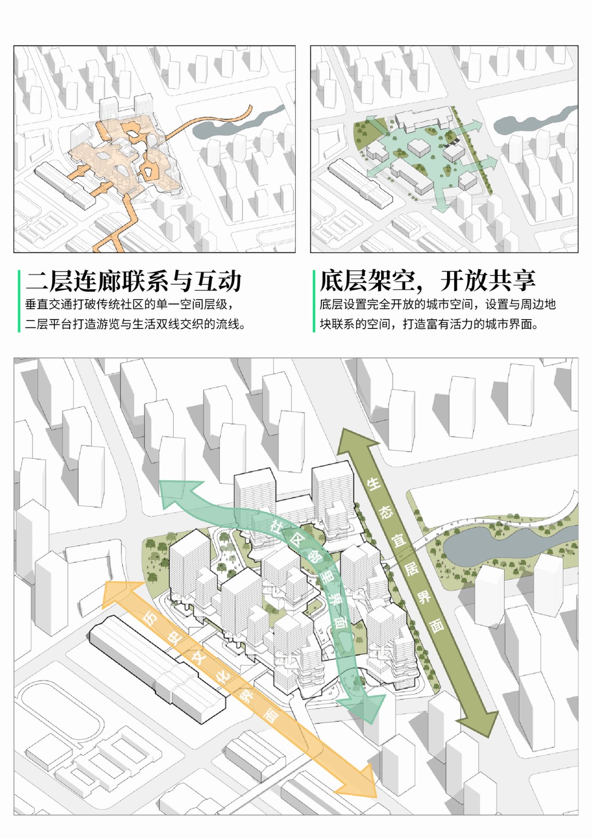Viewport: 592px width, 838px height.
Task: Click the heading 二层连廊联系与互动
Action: [x=133, y=281]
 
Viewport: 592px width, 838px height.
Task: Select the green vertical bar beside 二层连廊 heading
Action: [x=19, y=301]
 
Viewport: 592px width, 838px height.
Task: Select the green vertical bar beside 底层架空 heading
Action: [x=314, y=301]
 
